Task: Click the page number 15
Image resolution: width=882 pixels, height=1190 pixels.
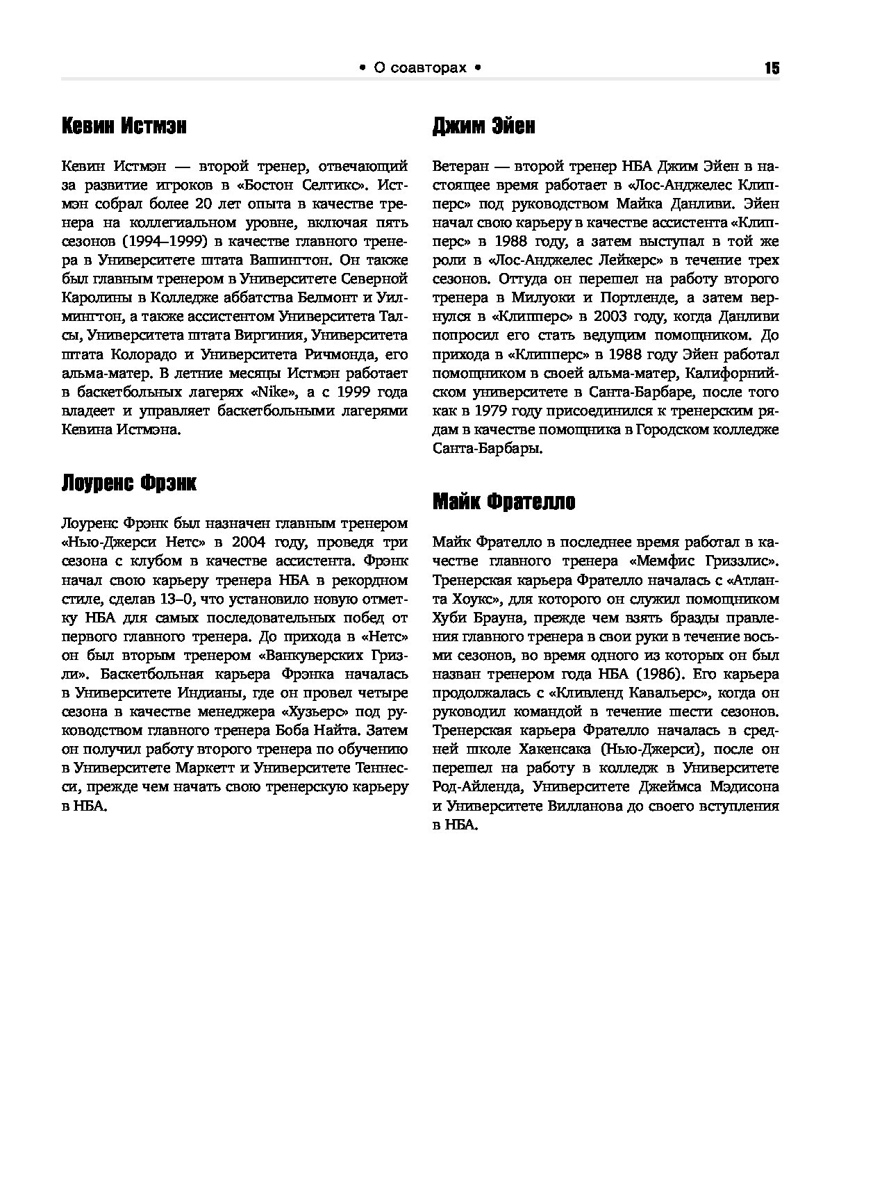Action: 771,68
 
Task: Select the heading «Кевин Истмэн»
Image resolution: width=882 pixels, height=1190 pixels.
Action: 124,126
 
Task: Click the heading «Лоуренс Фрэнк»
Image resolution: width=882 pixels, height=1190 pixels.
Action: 129,483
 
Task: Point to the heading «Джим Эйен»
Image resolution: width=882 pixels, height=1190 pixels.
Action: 483,126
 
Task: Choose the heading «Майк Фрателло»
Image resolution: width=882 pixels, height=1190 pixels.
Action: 504,502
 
